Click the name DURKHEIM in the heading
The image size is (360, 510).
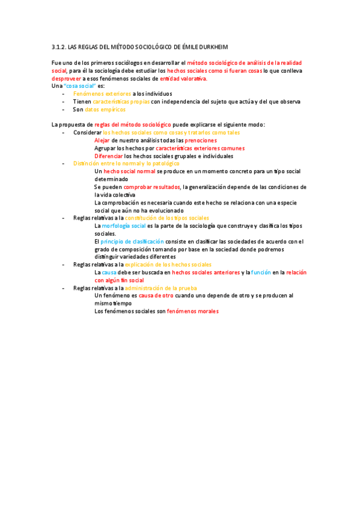point(210,47)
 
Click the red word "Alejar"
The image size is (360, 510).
point(102,140)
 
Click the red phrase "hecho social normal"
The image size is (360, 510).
point(129,171)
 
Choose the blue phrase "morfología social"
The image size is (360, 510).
point(124,226)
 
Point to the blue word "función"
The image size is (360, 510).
point(261,272)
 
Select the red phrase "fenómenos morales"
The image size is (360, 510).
point(192,312)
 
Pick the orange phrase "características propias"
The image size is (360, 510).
point(121,102)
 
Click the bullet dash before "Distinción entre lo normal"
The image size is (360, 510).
point(64,164)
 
